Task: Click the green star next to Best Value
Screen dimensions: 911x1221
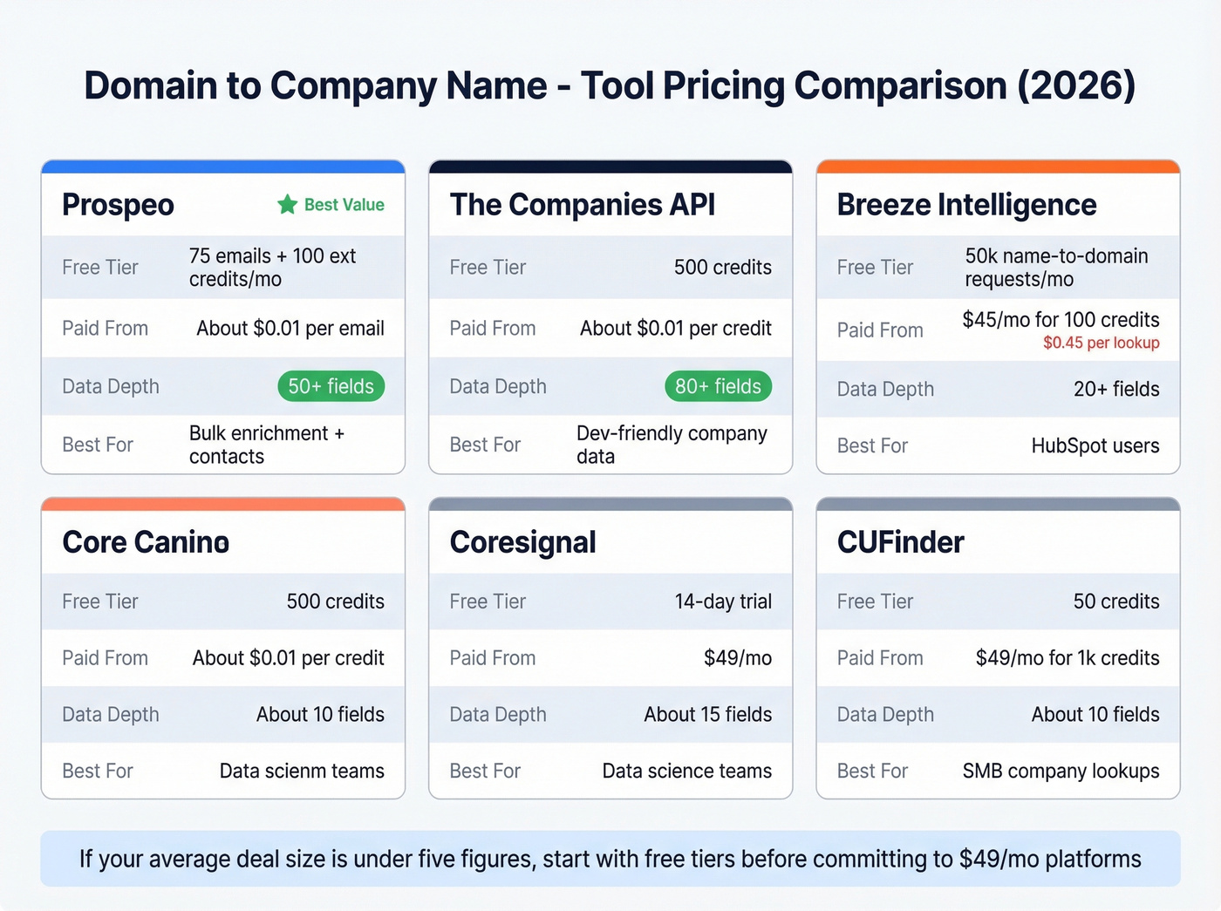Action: coord(287,205)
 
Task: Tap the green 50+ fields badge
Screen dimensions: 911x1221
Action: coord(331,386)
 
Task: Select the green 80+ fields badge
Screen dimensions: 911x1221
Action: coord(718,386)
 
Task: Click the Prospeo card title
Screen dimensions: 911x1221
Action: coord(118,205)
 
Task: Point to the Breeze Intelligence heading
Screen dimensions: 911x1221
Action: coord(966,205)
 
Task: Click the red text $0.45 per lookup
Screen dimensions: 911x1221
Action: coord(1101,343)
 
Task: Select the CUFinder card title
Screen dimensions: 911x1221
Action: coord(900,542)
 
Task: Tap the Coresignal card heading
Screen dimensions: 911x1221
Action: coord(522,542)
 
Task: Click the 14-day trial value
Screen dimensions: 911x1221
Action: coord(722,602)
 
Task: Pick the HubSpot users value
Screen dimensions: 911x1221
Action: coord(1095,445)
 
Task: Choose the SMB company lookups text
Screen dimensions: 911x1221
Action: coord(1061,771)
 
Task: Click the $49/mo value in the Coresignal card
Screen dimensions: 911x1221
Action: coord(737,658)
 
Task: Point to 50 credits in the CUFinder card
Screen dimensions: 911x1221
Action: coord(1115,602)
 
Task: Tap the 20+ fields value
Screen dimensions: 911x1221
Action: coord(1115,389)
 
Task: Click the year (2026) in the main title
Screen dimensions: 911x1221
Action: coord(1076,85)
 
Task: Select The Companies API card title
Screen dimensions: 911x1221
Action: coord(582,205)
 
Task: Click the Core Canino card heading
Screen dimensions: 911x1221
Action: coord(146,542)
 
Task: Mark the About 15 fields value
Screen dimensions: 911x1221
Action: coord(707,715)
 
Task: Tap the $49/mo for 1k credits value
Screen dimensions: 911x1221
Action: coord(1067,658)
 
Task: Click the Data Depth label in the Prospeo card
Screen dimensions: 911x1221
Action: coord(111,386)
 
